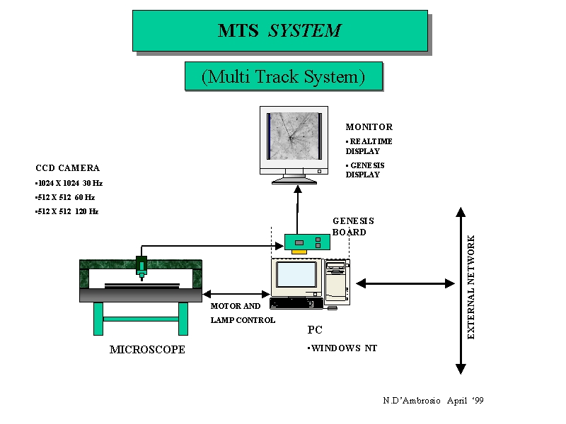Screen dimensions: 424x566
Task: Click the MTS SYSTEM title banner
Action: coord(279,30)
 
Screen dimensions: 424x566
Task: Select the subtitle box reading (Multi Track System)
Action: coord(283,76)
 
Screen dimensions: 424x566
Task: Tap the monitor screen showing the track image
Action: coord(294,136)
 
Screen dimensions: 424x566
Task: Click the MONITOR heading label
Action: coord(369,127)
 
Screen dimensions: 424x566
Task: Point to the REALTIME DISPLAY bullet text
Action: coord(369,146)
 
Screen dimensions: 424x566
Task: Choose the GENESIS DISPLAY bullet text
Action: coord(365,170)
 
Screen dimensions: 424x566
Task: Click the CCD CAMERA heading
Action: coord(67,168)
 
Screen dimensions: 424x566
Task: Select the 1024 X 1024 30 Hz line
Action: coord(69,183)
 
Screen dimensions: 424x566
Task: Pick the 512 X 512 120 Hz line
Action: coord(67,211)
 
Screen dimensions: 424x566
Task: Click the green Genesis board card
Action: coord(307,242)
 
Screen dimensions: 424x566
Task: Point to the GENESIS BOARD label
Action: coord(352,226)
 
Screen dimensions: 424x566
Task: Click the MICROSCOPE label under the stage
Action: coord(147,350)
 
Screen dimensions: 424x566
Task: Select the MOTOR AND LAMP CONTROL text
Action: coord(242,313)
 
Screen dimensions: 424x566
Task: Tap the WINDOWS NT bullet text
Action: coord(342,348)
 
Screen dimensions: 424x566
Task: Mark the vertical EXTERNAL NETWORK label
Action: coord(472,287)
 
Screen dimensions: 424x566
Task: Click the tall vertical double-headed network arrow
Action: coord(461,290)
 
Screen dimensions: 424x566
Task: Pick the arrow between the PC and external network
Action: coord(405,283)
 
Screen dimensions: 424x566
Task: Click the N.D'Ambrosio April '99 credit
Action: coord(433,401)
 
